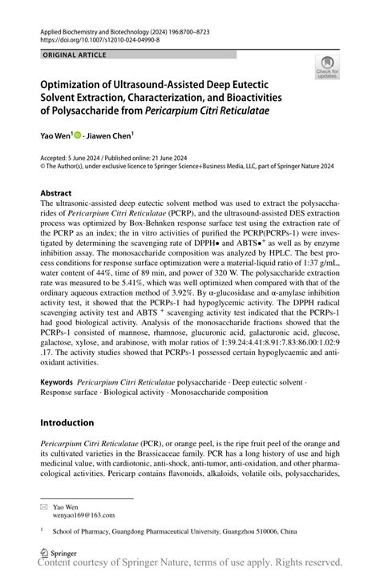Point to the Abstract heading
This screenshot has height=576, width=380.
(59, 194)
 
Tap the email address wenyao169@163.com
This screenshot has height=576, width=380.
(83, 516)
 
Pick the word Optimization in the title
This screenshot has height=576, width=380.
(79, 83)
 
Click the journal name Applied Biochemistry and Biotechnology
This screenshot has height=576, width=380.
(101, 28)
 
